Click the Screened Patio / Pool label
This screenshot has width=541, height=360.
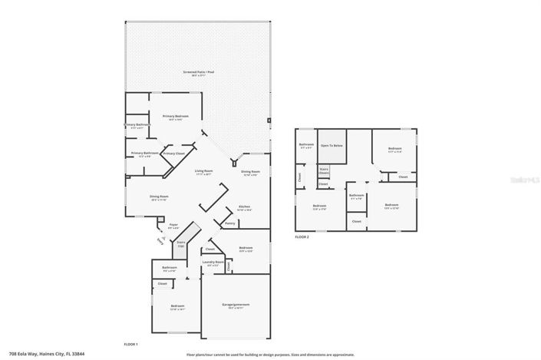195,72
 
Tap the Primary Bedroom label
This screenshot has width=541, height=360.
175,117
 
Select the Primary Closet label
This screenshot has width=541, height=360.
173,154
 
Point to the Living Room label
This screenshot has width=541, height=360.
203,172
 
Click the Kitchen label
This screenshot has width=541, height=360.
244,207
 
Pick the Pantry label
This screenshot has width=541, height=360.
229,223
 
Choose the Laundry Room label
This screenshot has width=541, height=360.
213,263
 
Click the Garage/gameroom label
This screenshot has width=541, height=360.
237,305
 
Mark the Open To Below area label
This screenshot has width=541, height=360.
332,145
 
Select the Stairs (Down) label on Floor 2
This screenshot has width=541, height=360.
324,171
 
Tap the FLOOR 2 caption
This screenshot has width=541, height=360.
302,238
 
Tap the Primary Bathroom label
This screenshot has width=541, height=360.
144,153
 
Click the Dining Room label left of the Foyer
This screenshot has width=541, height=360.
159,197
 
